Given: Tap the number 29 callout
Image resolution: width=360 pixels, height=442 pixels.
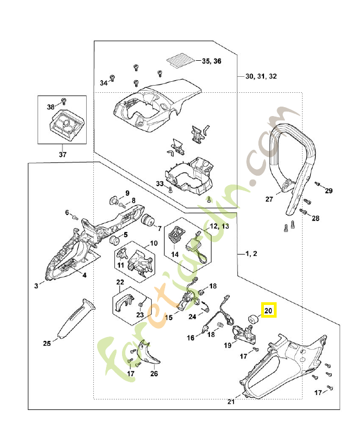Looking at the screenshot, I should [329, 191].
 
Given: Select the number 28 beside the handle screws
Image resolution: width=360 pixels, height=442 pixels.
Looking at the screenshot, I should [315, 219].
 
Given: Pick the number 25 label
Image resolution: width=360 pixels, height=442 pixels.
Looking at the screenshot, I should [47, 343].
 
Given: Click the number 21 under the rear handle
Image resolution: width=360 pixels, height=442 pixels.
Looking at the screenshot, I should [231, 402].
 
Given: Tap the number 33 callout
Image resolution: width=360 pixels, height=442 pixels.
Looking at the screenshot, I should [160, 183].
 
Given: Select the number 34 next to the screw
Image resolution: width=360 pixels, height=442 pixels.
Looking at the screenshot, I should [103, 83].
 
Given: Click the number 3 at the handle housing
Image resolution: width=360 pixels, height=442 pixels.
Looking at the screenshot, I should [36, 286].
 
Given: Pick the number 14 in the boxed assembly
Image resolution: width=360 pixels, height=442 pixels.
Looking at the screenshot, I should [174, 255].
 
